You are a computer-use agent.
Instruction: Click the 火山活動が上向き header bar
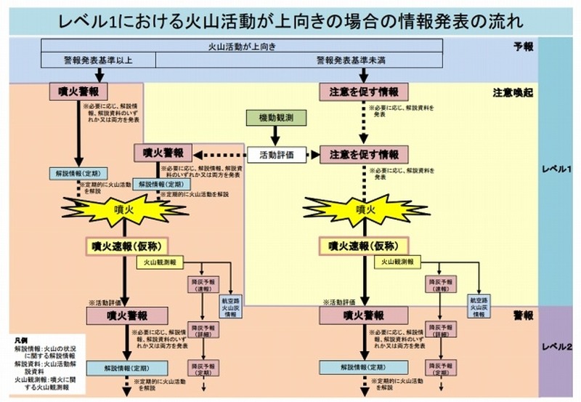[242, 47]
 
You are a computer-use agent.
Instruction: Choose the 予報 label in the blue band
[523, 47]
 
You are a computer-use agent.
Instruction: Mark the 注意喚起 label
[513, 93]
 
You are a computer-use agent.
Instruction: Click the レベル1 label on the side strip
[558, 169]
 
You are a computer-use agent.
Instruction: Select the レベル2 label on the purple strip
[558, 347]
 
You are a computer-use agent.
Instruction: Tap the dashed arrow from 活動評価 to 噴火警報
[221, 155]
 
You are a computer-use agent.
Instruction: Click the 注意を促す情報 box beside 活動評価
[364, 155]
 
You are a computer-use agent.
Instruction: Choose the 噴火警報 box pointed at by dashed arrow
[162, 153]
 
